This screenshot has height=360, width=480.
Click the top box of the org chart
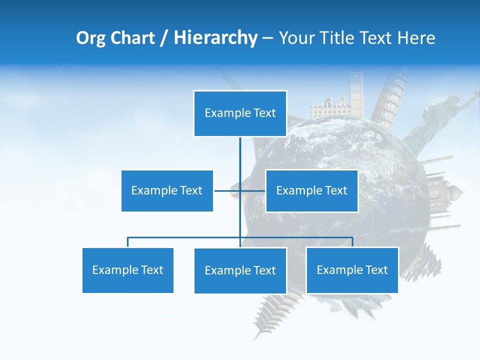[240, 113]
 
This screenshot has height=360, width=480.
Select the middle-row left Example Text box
[167, 190]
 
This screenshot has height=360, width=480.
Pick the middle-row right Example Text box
[311, 190]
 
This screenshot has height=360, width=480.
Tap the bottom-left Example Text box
[127, 270]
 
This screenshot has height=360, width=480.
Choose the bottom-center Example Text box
[240, 270]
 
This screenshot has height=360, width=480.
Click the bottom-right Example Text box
[352, 270]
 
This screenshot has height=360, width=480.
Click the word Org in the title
[91, 38]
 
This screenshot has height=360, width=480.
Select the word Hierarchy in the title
[215, 38]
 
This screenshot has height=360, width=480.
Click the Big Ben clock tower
[356, 92]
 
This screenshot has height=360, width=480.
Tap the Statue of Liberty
[440, 115]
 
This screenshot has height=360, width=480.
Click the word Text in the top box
[264, 113]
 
